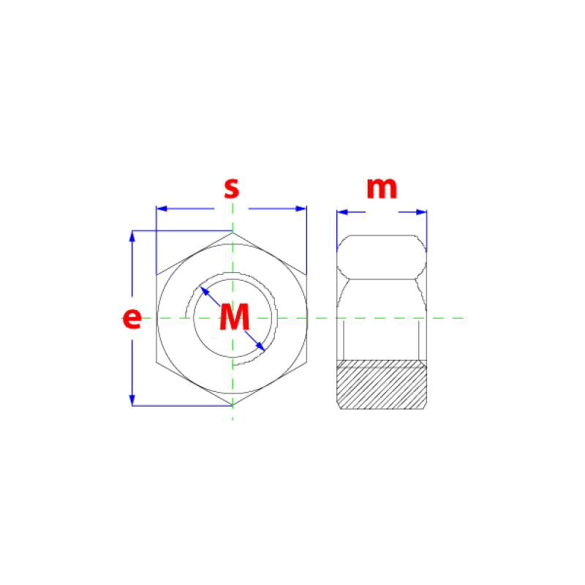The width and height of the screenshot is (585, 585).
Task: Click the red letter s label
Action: [x=231, y=189]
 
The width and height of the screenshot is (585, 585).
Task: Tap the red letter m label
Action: [x=382, y=188]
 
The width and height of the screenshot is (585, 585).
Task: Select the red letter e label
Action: [x=132, y=318]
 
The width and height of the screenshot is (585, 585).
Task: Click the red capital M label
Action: [x=234, y=317]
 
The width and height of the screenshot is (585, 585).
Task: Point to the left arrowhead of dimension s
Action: [x=162, y=208]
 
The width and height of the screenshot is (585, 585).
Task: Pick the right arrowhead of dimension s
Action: [x=301, y=208]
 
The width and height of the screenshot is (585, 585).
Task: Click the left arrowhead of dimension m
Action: [x=342, y=212]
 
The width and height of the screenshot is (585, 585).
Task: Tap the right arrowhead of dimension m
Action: [x=422, y=212]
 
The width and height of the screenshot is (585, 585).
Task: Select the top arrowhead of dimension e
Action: [x=132, y=236]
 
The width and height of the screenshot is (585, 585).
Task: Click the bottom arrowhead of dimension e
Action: [x=132, y=400]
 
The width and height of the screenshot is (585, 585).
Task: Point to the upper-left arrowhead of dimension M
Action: [x=205, y=291]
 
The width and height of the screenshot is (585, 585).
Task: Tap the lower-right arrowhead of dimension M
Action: [x=260, y=347]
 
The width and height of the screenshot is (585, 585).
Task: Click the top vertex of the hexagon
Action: [x=233, y=233]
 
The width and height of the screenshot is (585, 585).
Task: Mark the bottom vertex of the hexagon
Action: [x=233, y=405]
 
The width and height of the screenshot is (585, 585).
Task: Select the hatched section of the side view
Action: [x=382, y=385]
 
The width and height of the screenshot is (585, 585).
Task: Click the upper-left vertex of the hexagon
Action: [x=156, y=276]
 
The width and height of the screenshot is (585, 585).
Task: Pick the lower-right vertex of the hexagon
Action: [x=306, y=362]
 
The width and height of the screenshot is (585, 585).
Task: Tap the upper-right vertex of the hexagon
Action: [x=306, y=276]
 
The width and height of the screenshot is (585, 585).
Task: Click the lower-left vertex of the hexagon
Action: [x=156, y=362]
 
